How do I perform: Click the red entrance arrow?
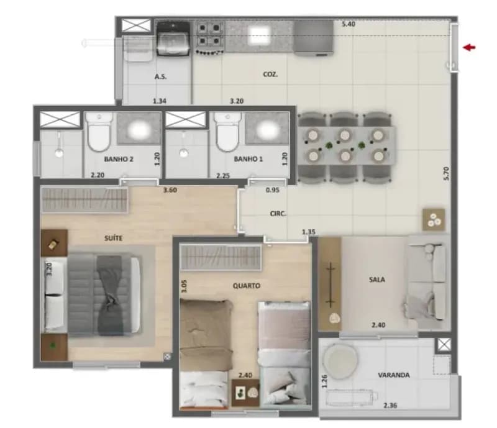(470, 48)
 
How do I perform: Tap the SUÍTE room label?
(114, 238)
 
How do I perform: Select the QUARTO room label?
(247, 286)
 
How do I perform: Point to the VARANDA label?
(394, 375)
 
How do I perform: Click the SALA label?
(377, 280)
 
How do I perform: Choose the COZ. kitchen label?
(270, 75)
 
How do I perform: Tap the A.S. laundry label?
(160, 77)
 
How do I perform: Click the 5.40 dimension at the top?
(349, 24)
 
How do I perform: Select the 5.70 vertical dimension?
(446, 173)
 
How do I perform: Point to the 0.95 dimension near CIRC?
(272, 190)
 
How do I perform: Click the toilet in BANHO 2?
(99, 132)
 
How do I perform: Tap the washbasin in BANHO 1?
(267, 129)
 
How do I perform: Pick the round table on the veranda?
(340, 362)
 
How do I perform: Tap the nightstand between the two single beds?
(245, 393)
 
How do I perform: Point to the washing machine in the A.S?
(173, 39)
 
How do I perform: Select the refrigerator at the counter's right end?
(314, 37)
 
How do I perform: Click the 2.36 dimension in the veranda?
(390, 406)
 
